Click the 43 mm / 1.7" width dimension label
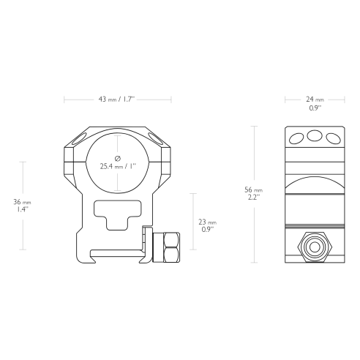pos(116,100)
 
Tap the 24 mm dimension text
pos(315,100)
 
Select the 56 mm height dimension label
pos(253,190)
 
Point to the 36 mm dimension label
pos(22,202)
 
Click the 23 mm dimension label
pos(207,222)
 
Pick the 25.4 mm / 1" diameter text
pos(118,166)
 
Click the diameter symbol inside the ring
pos(118,159)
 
